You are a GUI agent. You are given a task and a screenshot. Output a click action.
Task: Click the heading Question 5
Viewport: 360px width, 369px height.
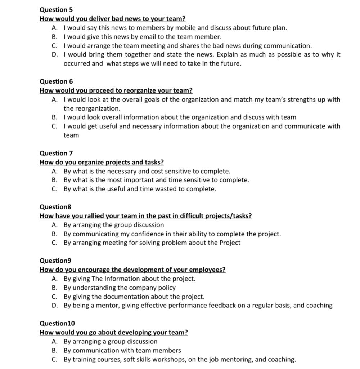click(x=56, y=10)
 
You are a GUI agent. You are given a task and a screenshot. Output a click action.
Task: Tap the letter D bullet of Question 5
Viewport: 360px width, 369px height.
click(x=54, y=55)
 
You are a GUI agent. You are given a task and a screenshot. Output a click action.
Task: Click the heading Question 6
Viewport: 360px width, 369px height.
click(x=56, y=81)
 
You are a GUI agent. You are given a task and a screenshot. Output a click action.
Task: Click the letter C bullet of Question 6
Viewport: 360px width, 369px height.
click(x=54, y=126)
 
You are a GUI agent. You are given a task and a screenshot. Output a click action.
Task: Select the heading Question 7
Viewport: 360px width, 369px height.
click(x=56, y=153)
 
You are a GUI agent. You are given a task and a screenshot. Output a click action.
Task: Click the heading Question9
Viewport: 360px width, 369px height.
click(x=55, y=261)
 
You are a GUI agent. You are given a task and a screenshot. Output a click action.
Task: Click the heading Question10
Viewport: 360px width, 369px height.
click(x=57, y=323)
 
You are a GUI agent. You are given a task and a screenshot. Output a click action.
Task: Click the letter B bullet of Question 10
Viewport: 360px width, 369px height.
click(x=54, y=350)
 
